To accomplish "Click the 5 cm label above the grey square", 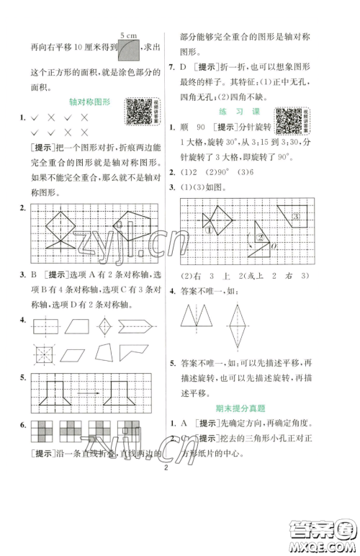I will (x=129, y=34).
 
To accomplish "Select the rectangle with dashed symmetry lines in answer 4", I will (x=47, y=326).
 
